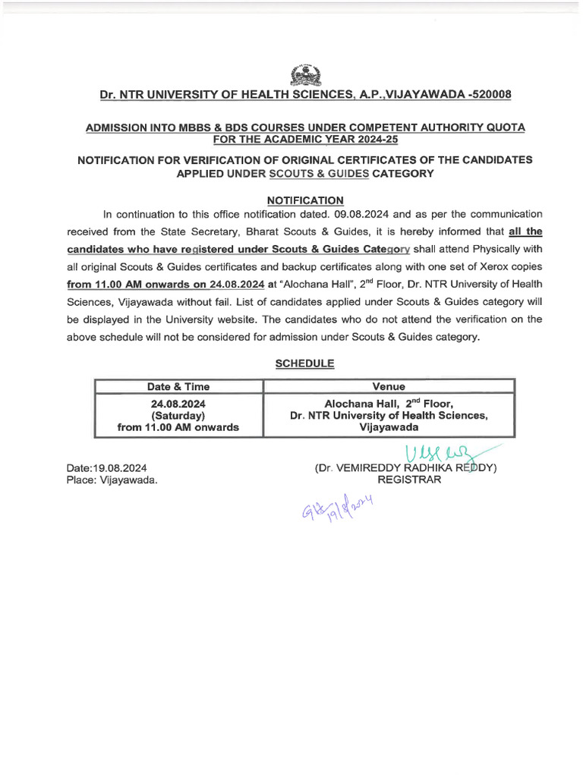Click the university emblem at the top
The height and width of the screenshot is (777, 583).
[x=306, y=75]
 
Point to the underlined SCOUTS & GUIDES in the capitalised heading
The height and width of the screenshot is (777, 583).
[x=320, y=173]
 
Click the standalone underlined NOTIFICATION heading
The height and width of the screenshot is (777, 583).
[x=306, y=200]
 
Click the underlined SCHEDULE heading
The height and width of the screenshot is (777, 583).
[x=304, y=363]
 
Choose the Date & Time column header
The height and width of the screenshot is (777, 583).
[x=178, y=386]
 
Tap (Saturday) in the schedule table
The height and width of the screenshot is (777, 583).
[x=178, y=415]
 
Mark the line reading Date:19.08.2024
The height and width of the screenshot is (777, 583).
[x=107, y=468]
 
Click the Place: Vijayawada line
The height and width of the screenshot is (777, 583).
[x=112, y=480]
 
